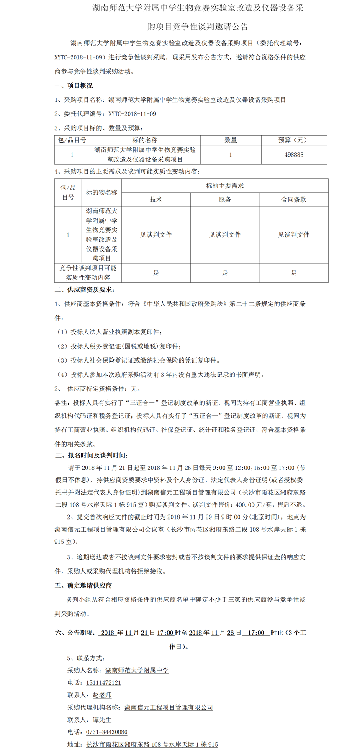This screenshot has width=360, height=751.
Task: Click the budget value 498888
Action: pyautogui.click(x=294, y=154)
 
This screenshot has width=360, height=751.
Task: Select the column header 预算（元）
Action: pyautogui.click(x=294, y=140)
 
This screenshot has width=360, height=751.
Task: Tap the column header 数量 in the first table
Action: pyautogui.click(x=231, y=140)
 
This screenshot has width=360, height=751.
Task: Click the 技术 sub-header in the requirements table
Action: pyautogui.click(x=156, y=200)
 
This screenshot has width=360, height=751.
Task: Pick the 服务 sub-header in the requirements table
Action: pyautogui.click(x=225, y=200)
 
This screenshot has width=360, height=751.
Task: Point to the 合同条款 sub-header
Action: pyautogui.click(x=294, y=200)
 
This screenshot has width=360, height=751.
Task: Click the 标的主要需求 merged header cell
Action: pyautogui.click(x=225, y=186)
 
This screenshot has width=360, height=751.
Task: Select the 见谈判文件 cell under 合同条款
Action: pyautogui.click(x=294, y=235)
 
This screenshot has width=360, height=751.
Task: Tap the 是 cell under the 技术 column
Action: pyautogui.click(x=156, y=273)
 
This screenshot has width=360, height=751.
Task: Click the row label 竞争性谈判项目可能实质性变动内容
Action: pyautogui.click(x=88, y=273)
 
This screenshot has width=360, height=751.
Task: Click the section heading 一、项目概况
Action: pyautogui.click(x=74, y=86)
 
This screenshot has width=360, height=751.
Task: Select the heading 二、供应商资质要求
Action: pyautogui.click(x=85, y=290)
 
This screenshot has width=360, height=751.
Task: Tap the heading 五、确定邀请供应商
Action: pyautogui.click(x=83, y=585)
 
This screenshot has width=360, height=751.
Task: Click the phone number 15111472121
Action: pyautogui.click(x=103, y=683)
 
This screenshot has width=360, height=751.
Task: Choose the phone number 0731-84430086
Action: pyautogui.click(x=107, y=732)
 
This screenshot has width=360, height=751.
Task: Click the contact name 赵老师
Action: pyautogui.click(x=102, y=695)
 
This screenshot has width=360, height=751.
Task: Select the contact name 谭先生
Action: pyautogui.click(x=102, y=720)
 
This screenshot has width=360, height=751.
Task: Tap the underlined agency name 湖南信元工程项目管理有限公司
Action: pyautogui.click(x=169, y=707)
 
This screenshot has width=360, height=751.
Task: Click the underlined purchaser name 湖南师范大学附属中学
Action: pyautogui.click(x=137, y=670)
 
